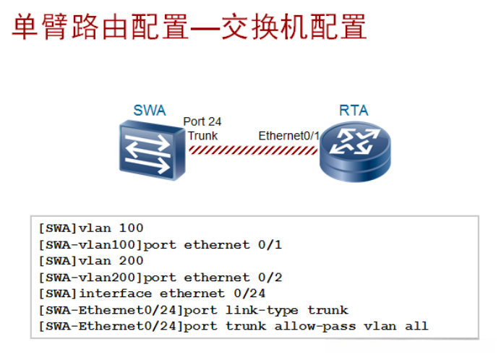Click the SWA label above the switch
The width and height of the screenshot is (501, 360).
coord(150,111)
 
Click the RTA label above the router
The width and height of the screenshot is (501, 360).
coord(354,111)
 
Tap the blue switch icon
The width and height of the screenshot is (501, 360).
coord(152,150)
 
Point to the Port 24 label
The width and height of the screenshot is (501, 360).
coord(202,121)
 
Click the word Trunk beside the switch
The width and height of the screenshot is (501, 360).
coord(202,136)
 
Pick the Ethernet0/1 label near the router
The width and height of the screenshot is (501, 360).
coord(289,136)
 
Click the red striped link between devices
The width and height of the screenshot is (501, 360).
coord(253,150)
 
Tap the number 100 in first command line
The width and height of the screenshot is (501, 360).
coord(132,228)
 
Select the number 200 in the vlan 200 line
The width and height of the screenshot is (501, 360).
coord(132,261)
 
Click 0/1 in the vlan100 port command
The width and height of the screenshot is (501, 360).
coord(270,244)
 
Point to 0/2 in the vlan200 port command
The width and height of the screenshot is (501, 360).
coord(270,278)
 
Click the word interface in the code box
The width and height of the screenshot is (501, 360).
coord(116,293)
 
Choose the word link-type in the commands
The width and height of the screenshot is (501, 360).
coord(262,310)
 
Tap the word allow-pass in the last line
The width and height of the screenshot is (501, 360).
coord(314,327)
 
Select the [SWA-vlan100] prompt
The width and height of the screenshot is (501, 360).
coord(91,244)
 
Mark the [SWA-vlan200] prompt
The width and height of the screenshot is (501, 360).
coord(91,278)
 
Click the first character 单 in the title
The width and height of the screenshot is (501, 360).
coord(25,27)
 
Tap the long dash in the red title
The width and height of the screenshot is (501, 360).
coord(205,29)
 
